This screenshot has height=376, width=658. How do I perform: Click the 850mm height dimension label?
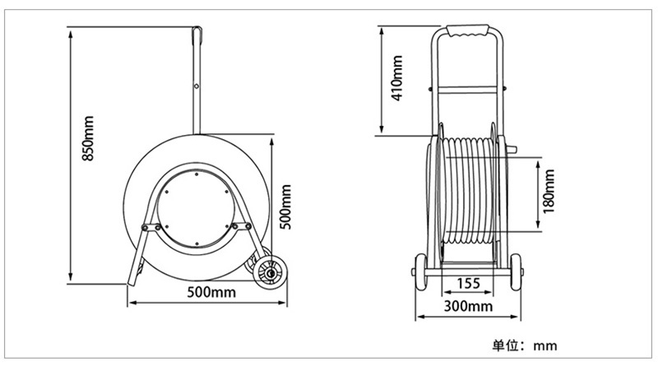(88, 138)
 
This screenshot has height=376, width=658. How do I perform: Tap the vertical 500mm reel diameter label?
(285, 207)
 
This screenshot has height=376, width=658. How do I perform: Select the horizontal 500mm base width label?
(211, 292)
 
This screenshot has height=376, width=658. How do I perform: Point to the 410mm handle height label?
(397, 78)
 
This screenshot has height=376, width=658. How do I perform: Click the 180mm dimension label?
(549, 192)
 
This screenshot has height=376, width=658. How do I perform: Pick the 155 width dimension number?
(468, 284)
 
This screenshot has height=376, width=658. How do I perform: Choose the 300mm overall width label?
(468, 306)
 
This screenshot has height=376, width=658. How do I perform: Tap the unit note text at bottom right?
(525, 346)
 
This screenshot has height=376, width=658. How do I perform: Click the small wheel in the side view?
(271, 273)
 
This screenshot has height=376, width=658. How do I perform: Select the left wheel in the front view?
(420, 272)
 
